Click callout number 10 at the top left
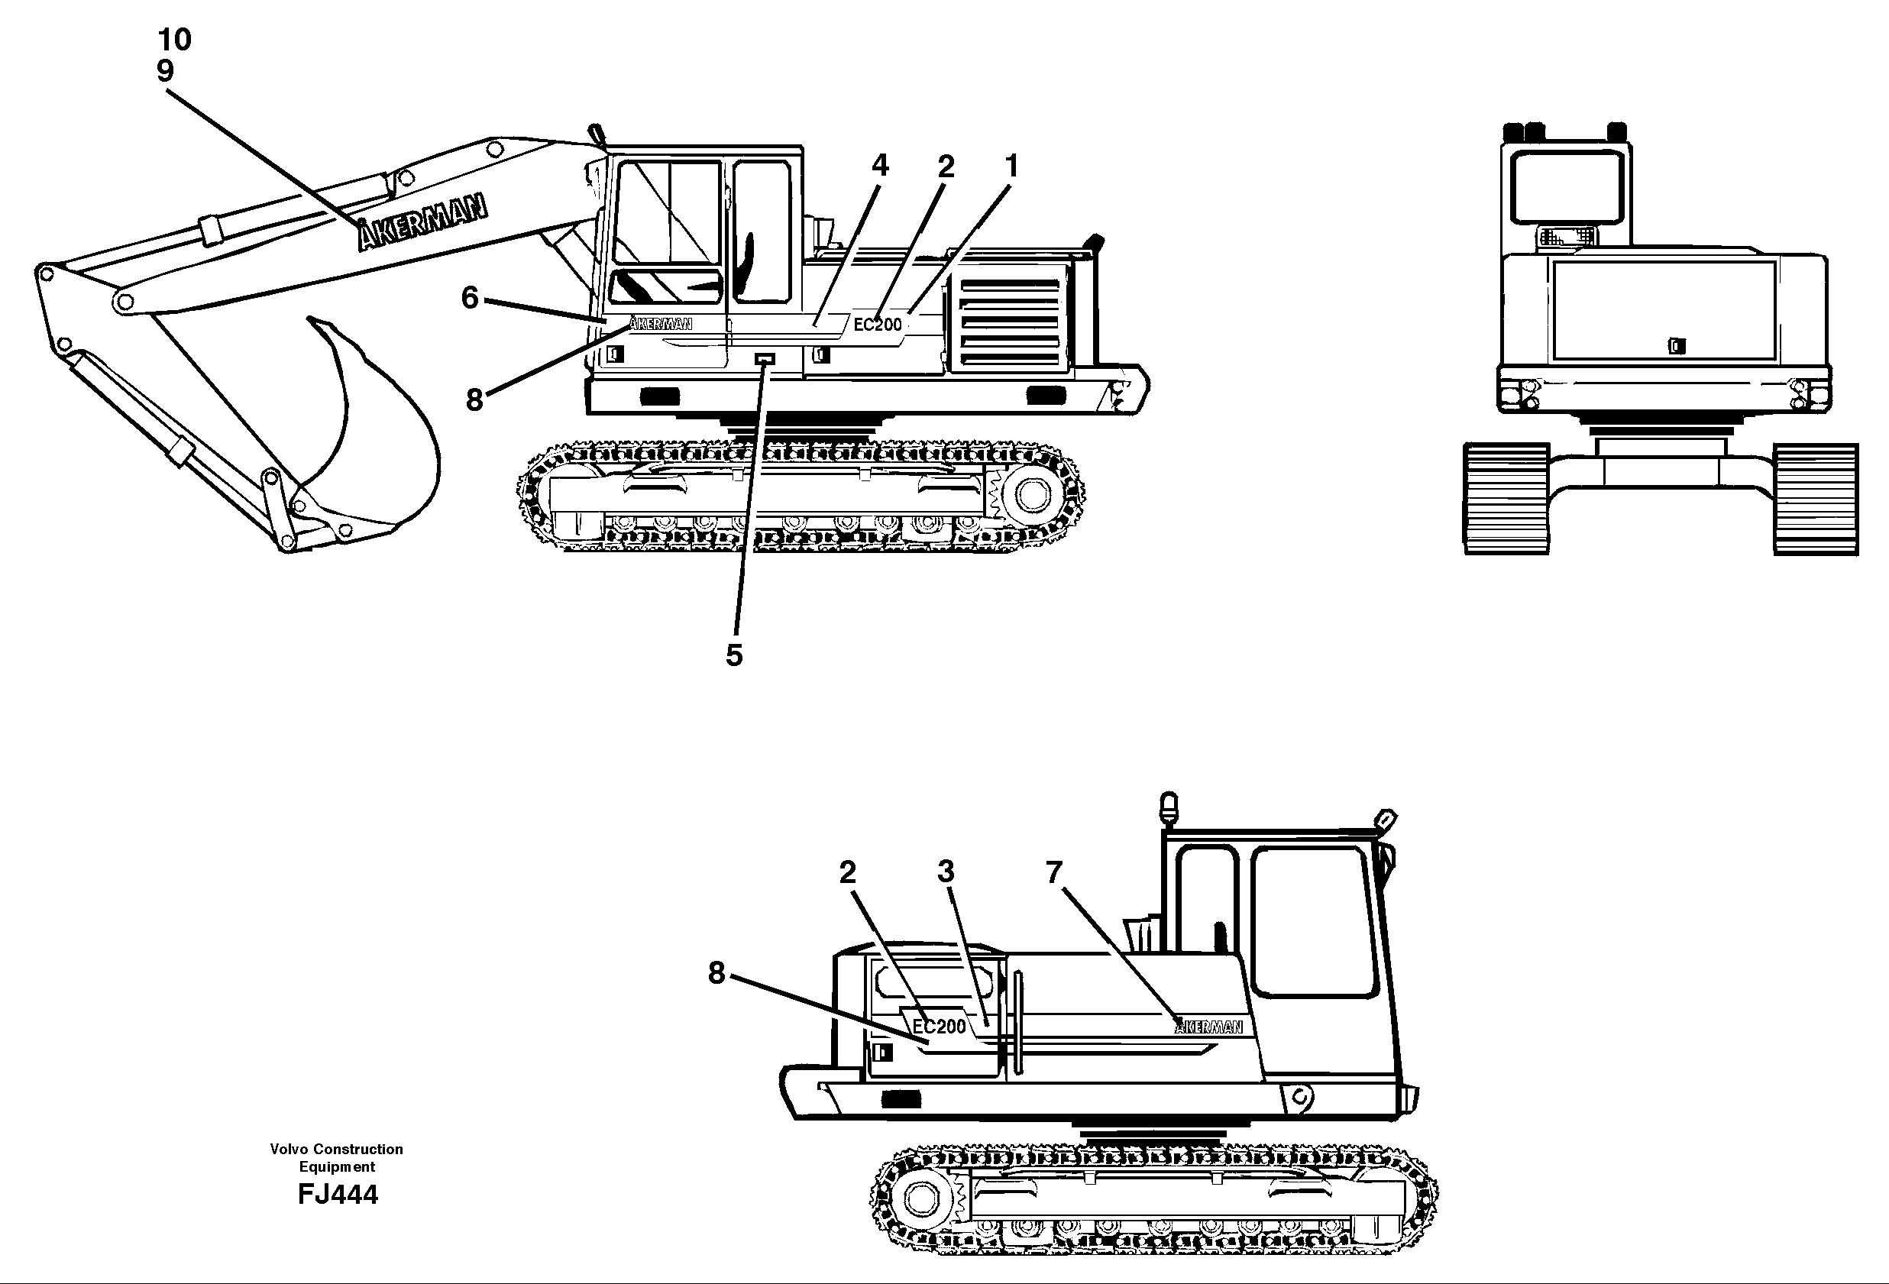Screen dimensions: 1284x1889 174,39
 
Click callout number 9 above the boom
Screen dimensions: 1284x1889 165,72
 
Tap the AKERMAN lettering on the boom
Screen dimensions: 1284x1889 422,223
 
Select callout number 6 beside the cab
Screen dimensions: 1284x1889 470,298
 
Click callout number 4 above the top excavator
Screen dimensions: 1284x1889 879,166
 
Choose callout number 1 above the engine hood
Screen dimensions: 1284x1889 1011,167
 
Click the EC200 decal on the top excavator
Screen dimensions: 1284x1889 877,325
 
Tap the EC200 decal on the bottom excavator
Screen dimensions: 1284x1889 939,1027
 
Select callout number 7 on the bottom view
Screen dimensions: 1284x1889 1054,873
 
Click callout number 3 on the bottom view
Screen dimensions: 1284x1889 946,872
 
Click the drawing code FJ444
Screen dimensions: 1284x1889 338,1195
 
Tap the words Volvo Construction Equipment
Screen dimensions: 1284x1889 337,1157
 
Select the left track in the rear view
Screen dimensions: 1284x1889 1506,499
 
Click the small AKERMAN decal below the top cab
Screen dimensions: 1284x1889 661,323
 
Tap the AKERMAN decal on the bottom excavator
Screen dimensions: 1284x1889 1208,1027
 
